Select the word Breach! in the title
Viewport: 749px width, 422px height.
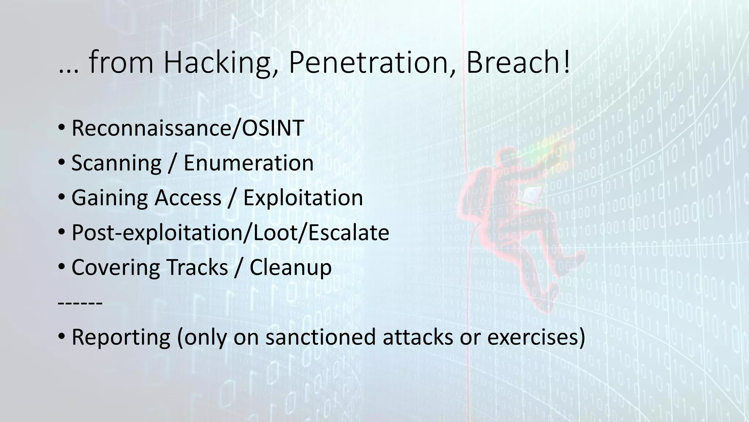click(x=518, y=63)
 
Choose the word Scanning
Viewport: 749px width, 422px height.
click(x=116, y=163)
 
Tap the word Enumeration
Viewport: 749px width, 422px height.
click(x=249, y=163)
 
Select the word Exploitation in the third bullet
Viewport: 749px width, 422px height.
click(x=303, y=198)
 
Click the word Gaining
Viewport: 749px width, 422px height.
click(x=110, y=198)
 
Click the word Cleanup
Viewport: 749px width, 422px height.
click(x=290, y=267)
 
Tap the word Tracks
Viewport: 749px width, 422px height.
click(x=197, y=267)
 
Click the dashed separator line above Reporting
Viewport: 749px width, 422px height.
click(x=80, y=304)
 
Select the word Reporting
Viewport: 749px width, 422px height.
click(x=121, y=337)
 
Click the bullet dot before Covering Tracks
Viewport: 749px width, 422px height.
click(x=61, y=267)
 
